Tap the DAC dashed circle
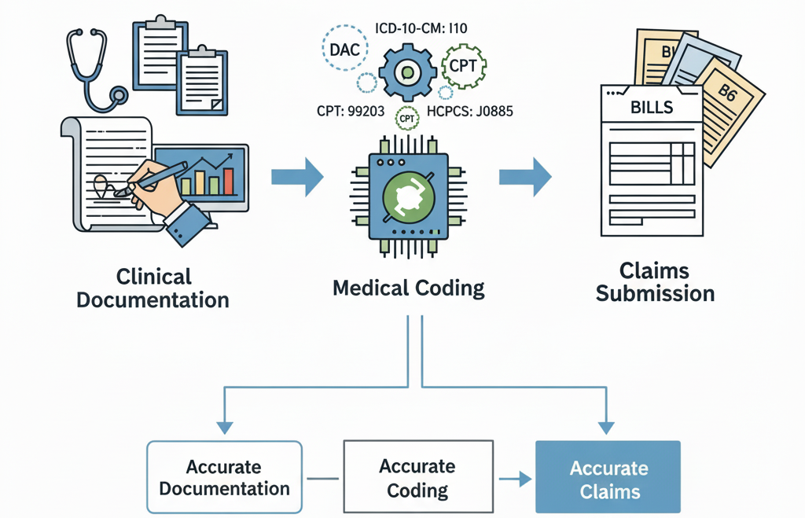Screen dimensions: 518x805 coord(344,49)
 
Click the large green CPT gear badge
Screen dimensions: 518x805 coord(463,66)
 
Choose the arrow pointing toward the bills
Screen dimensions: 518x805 coord(525,176)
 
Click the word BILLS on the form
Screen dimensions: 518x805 coord(652,107)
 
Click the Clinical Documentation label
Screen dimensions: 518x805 coord(153,288)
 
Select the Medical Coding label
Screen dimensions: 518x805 coord(409,288)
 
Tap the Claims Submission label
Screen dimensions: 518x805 coord(655,282)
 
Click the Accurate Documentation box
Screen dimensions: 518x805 coord(225,477)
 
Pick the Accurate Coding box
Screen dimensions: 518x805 coord(417,478)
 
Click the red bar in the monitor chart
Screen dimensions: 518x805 coord(229,182)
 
